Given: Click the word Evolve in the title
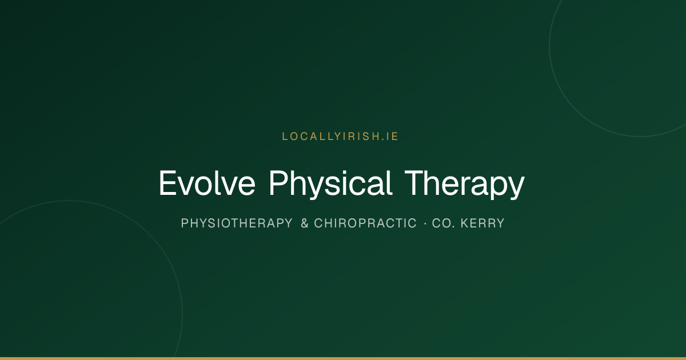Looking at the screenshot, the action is [207, 183].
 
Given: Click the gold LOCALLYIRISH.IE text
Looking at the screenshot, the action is [340, 137].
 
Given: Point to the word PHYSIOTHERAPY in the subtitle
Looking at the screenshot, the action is [237, 223].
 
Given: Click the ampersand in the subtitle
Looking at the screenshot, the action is [304, 223].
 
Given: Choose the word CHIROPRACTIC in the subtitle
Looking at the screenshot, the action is [365, 223].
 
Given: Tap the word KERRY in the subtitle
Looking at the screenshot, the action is [482, 223].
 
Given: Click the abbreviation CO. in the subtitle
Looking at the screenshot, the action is [443, 223].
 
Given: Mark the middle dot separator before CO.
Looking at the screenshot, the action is [425, 224].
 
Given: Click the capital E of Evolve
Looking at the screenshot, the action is [167, 183].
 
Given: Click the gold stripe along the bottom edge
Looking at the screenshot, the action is [343, 358].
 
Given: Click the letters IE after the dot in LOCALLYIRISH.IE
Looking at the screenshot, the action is [392, 137].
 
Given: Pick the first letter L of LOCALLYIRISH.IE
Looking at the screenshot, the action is [285, 137].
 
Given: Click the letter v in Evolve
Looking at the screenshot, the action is [187, 186].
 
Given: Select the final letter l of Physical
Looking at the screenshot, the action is [390, 183].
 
